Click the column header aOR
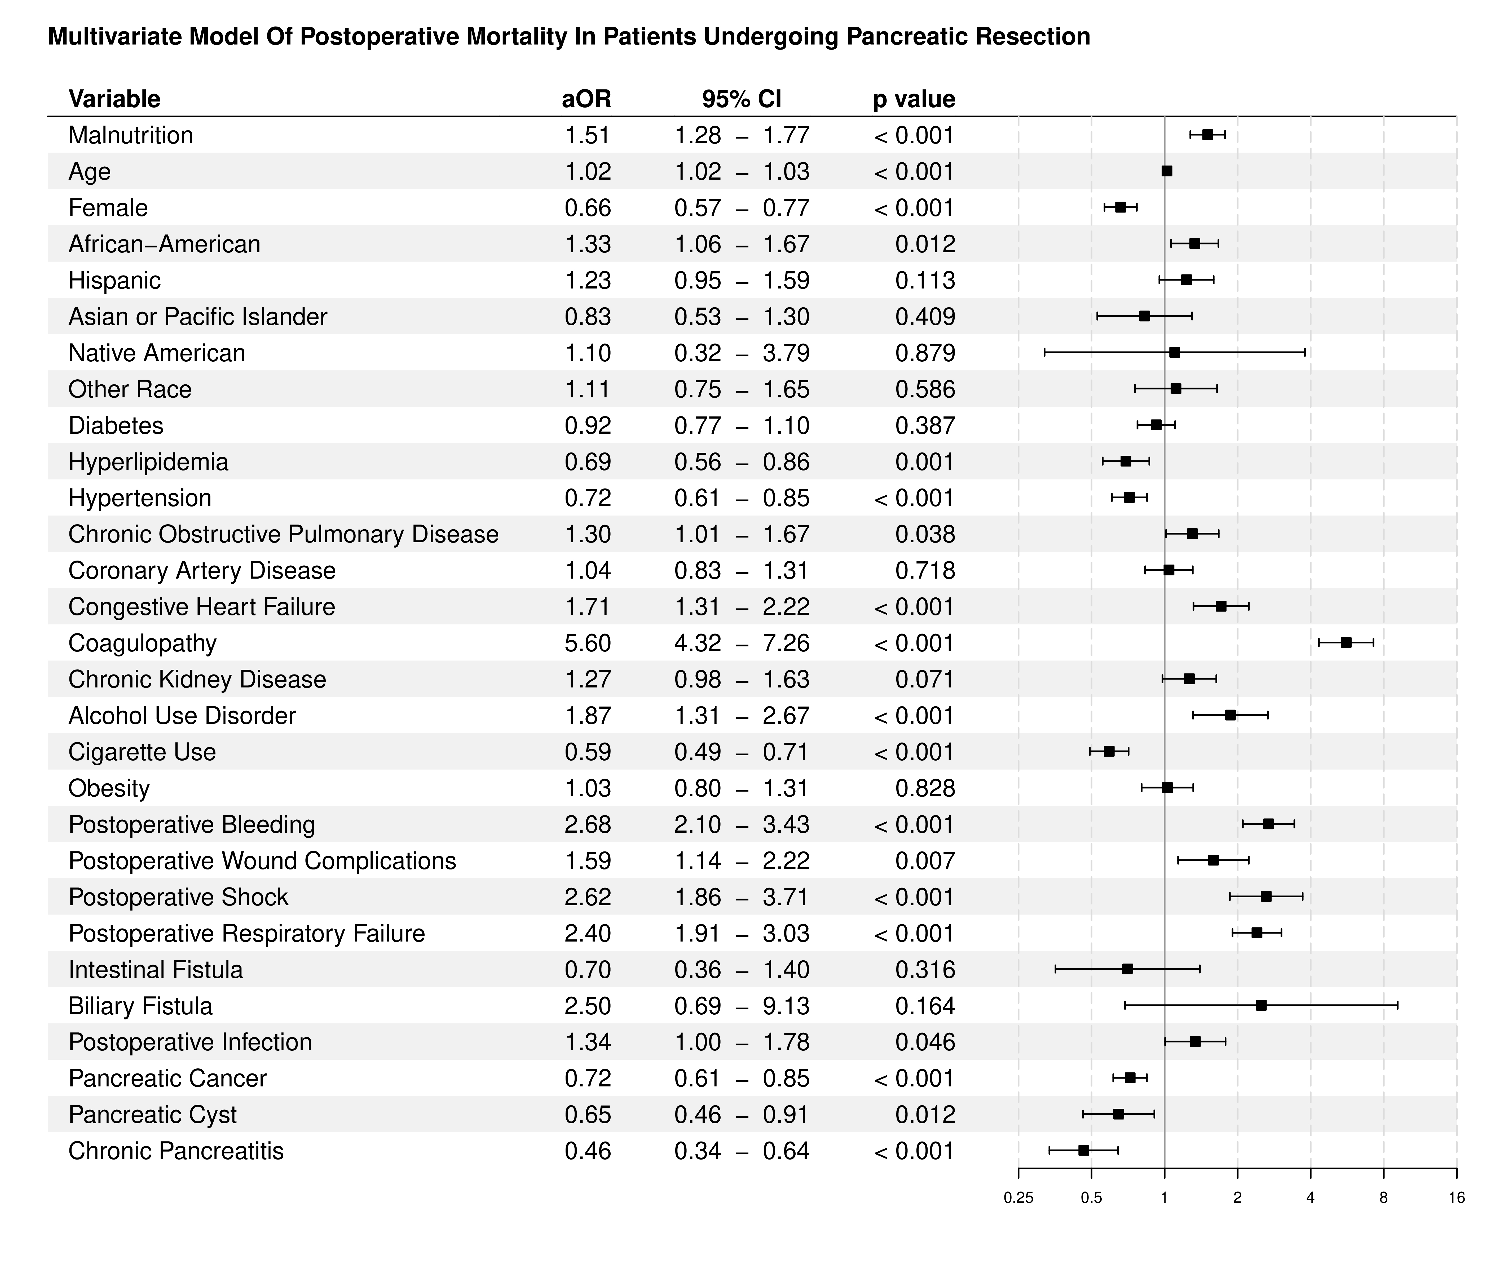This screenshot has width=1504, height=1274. [586, 99]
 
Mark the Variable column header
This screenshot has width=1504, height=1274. [114, 99]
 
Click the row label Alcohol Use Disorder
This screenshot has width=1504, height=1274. [182, 716]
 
